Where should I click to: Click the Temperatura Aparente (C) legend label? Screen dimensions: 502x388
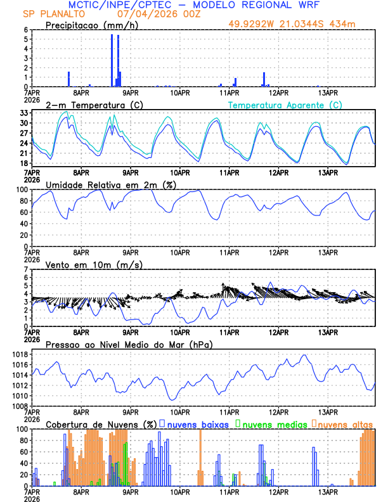point(285,105)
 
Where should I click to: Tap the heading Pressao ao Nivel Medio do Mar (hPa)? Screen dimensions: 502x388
point(129,344)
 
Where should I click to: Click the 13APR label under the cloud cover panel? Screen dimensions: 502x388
point(328,491)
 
